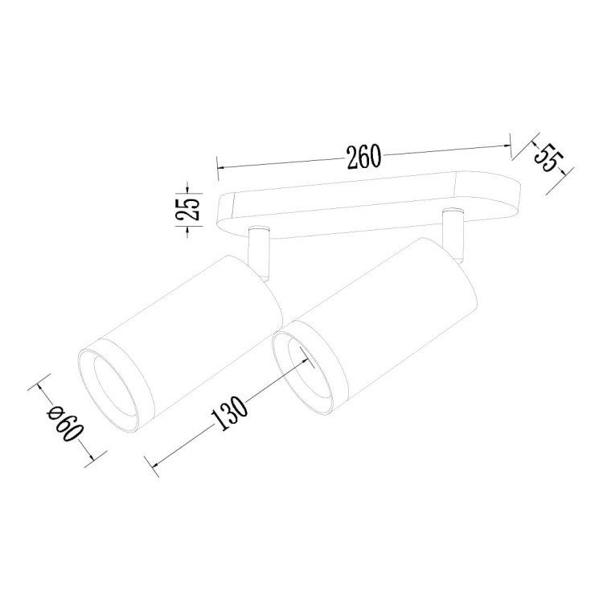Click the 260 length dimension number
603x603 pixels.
coord(363,157)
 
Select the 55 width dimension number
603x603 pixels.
coord(547,158)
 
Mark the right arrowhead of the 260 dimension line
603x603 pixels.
coord(507,146)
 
